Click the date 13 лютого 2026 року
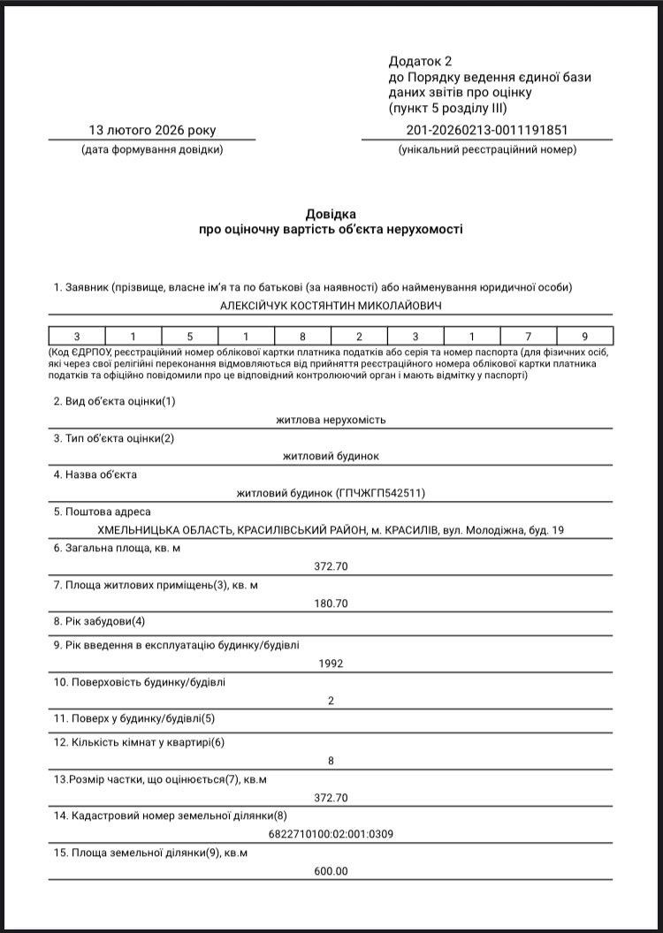[152, 131]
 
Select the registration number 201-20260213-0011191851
[487, 131]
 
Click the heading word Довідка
[331, 214]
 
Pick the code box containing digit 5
[190, 336]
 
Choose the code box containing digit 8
[303, 336]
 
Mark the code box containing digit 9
[584, 336]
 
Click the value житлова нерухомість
[331, 420]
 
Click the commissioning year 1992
[331, 663]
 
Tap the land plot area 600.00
[331, 870]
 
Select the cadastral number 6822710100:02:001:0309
[331, 833]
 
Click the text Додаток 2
[420, 61]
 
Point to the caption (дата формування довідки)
[152, 149]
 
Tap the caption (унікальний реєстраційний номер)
[487, 149]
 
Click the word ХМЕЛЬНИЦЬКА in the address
[145, 529]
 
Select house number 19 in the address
[557, 529]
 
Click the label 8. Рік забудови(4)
[99, 620]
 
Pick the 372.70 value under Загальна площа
[331, 565]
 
